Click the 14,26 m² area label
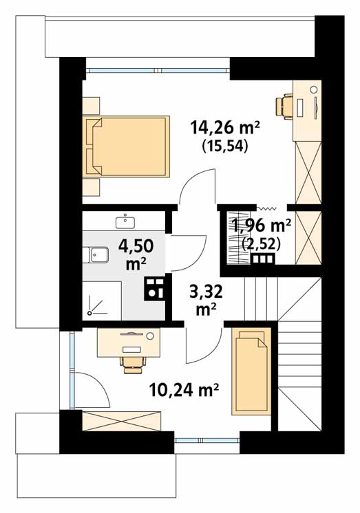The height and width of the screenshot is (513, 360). click(x=225, y=128)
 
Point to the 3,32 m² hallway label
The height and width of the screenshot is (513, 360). click(x=206, y=300)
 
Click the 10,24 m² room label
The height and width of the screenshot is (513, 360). click(x=184, y=390)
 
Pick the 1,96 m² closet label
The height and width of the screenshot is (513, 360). click(x=262, y=226)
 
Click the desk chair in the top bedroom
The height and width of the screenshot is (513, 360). click(x=284, y=105)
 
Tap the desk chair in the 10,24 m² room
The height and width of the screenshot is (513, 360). click(x=133, y=364)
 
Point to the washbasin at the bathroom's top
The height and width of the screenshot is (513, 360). click(x=125, y=221)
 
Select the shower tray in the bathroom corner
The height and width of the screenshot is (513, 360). click(x=102, y=301)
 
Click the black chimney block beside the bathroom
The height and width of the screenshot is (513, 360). click(x=154, y=289)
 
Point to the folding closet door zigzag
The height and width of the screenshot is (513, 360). click(x=266, y=208)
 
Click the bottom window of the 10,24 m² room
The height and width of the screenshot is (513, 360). click(x=207, y=440)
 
